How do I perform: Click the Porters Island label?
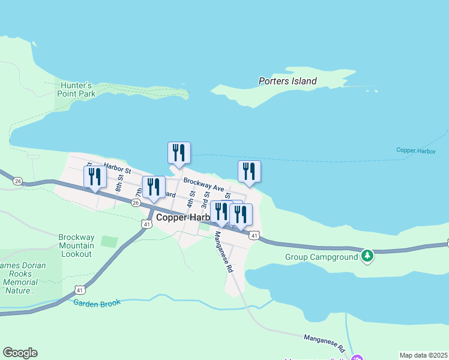pos(287,81)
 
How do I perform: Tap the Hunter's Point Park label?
pos(76,89)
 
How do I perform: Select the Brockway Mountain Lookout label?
pos(76,245)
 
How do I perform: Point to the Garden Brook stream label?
pos(97,303)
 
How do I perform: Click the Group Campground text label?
pos(321,257)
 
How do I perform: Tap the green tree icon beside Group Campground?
pos(367,256)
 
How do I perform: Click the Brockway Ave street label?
pos(203,184)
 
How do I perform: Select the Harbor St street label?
pos(117,169)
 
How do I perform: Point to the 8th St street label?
pos(120,182)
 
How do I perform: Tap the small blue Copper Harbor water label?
pos(416,150)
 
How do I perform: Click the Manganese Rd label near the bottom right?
pos(325,343)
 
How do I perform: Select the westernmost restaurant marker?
pos(95,177)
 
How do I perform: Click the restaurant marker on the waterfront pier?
pos(179,154)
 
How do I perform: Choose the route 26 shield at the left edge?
pos(17,181)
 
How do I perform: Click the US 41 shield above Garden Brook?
pos(79,290)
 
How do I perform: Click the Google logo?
pos(20,353)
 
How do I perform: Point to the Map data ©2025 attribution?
pos(423,355)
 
